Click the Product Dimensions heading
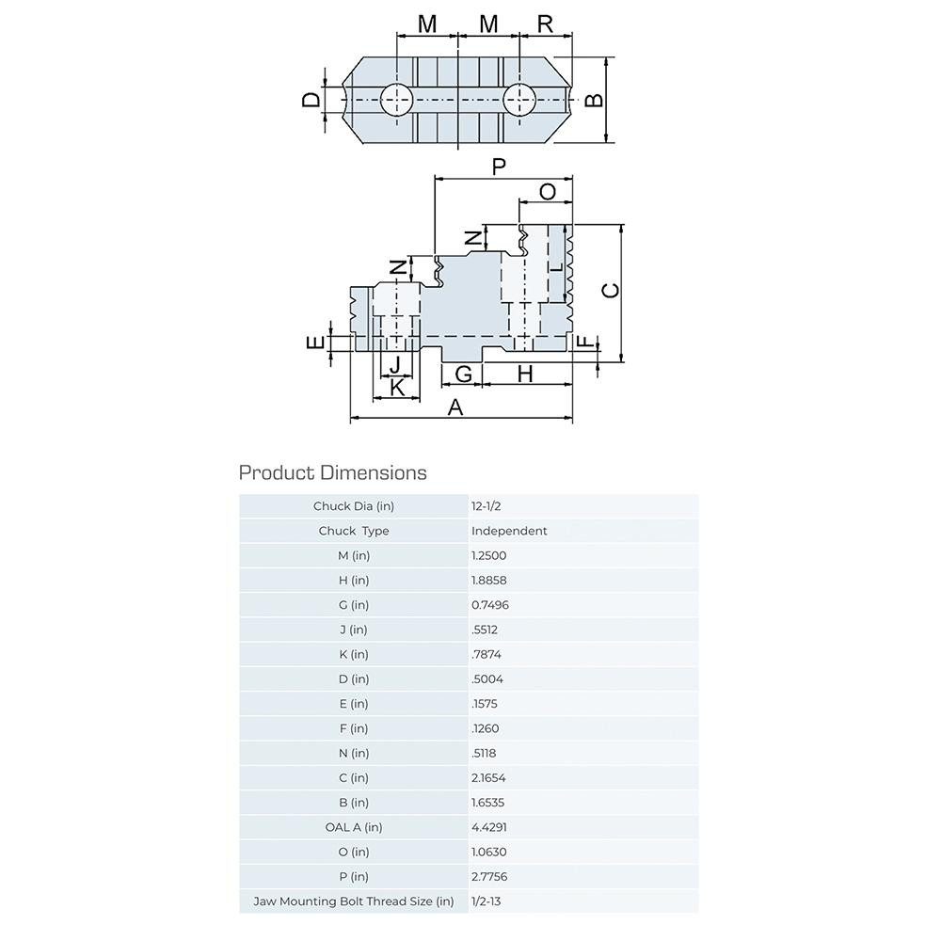[332, 472]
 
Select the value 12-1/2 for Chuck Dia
[486, 506]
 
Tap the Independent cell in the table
[508, 531]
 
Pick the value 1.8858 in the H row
[488, 581]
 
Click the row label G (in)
[353, 605]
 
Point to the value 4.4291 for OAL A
[488, 827]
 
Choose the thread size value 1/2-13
[486, 901]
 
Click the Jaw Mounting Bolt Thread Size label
[353, 901]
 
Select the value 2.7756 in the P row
[488, 877]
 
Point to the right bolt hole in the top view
[518, 99]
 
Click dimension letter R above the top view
[546, 24]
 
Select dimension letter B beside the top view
[594, 100]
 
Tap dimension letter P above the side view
[500, 167]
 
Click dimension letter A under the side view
[455, 407]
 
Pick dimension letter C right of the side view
[610, 291]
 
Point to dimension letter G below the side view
[463, 374]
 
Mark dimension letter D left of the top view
[311, 99]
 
